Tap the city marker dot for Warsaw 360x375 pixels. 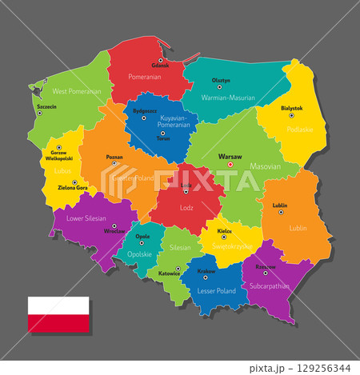click(x=229, y=165)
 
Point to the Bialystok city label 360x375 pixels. click(x=292, y=108)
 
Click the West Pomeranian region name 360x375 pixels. click(x=77, y=92)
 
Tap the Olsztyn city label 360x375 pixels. click(x=222, y=81)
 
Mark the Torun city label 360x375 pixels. click(x=162, y=138)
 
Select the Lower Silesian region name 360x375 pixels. click(x=86, y=217)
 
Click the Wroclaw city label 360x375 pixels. click(x=114, y=232)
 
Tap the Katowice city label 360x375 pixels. click(x=168, y=273)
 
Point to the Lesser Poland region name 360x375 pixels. click(x=216, y=291)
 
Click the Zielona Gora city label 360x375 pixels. click(x=72, y=189)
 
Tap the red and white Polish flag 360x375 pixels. click(x=59, y=314)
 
